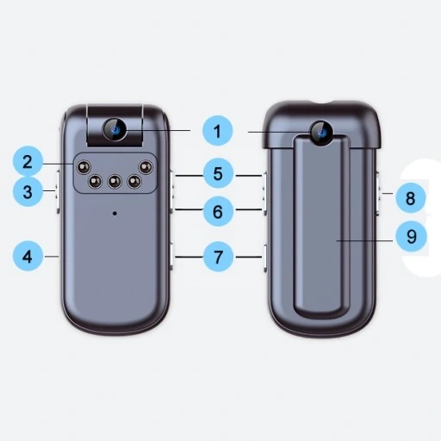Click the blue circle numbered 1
pyautogui.click(x=217, y=131)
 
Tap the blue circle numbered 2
pyautogui.click(x=28, y=161)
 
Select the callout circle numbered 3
pyautogui.click(x=28, y=191)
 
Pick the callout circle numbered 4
pyautogui.click(x=28, y=257)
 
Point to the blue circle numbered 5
pyautogui.click(x=218, y=173)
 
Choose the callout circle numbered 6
pyautogui.click(x=218, y=211)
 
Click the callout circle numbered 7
pyautogui.click(x=218, y=257)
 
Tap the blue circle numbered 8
pyautogui.click(x=411, y=198)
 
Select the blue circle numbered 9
pyautogui.click(x=411, y=236)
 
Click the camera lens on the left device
pyautogui.click(x=115, y=129)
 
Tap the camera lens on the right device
pyautogui.click(x=321, y=133)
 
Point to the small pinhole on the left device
pyautogui.click(x=115, y=213)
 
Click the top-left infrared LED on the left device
pyautogui.click(x=84, y=167)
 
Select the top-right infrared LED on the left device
pyautogui.click(x=146, y=167)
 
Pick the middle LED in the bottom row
pyautogui.click(x=115, y=181)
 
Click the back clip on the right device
pyautogui.click(x=322, y=227)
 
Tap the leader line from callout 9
pyautogui.click(x=364, y=240)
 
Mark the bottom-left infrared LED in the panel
pyautogui.click(x=95, y=181)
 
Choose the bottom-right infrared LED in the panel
pyautogui.click(x=134, y=181)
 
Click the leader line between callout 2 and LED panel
pyautogui.click(x=59, y=164)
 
